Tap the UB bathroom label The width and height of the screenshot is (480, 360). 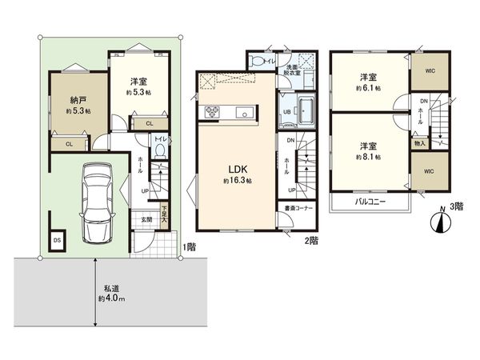pyautogui.click(x=286, y=113)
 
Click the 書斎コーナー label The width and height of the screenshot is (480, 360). pyautogui.click(x=296, y=209)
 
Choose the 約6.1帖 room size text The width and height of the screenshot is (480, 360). pyautogui.click(x=369, y=88)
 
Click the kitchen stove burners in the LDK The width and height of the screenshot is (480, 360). pyautogui.click(x=214, y=111)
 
